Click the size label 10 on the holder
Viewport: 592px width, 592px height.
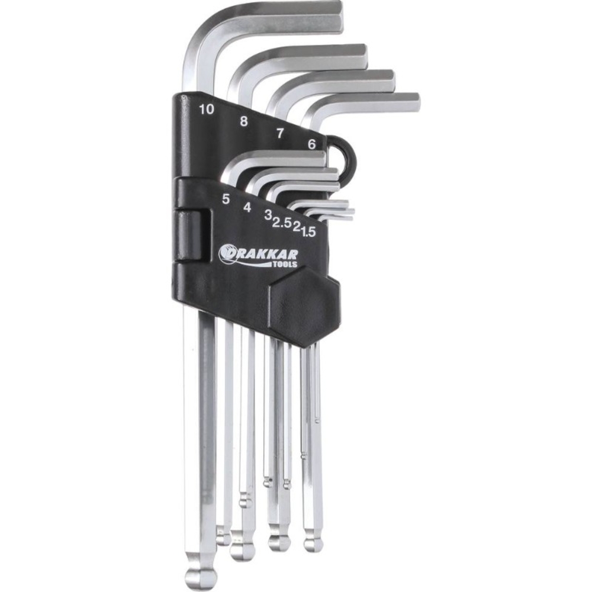tap(207, 110)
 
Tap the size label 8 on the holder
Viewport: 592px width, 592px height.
tap(244, 121)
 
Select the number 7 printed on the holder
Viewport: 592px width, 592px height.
tap(279, 133)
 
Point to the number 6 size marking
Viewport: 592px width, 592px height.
tap(312, 144)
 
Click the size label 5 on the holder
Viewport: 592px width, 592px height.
tap(226, 199)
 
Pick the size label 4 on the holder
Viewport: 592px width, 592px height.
tap(247, 207)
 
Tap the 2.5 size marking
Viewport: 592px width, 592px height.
tap(282, 224)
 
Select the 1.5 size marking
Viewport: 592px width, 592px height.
tap(308, 231)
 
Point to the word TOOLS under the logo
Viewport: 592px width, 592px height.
tap(285, 264)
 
